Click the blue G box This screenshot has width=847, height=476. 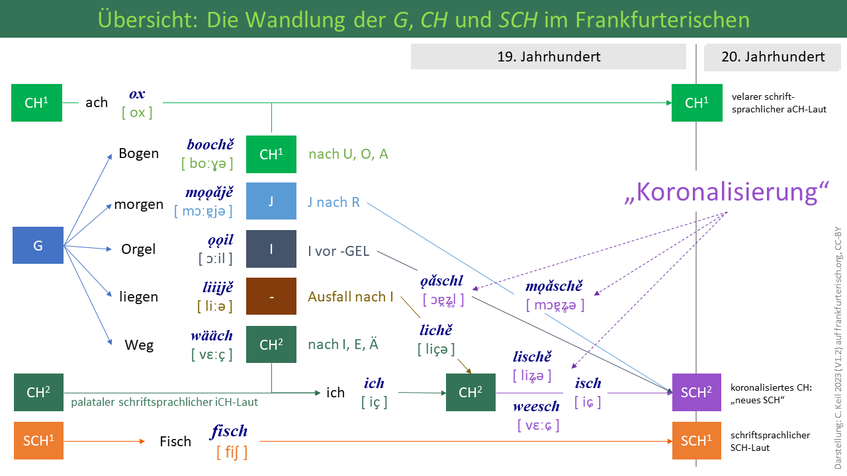[38, 245]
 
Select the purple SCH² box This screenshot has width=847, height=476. [696, 392]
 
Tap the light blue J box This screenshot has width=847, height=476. [271, 201]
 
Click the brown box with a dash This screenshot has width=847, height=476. [271, 296]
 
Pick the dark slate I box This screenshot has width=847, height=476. [271, 249]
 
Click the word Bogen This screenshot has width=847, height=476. [138, 153]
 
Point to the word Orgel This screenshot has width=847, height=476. [138, 249]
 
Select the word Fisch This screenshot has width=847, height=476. [175, 441]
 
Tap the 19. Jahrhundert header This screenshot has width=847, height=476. [549, 56]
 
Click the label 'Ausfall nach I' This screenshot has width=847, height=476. [350, 297]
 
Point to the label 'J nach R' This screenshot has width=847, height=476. [334, 202]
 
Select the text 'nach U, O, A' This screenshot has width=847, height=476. [348, 154]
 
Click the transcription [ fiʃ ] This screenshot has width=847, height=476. [232, 452]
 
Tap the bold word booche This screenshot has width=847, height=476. [210, 144]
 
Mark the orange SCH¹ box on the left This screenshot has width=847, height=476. [38, 440]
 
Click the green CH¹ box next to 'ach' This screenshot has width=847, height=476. [37, 102]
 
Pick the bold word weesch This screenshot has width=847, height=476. [536, 405]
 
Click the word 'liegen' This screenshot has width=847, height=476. [138, 297]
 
